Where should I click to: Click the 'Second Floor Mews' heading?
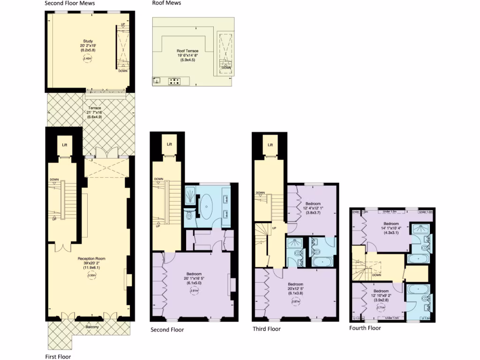70,3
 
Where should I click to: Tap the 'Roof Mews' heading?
166,3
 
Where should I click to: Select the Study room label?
87,42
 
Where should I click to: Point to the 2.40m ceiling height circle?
87,59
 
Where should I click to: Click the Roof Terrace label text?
187,51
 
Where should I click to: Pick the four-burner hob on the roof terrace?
174,81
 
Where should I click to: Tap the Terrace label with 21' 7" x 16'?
94,108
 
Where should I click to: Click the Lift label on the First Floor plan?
65,145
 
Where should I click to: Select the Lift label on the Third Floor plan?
270,145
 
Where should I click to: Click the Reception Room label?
91,258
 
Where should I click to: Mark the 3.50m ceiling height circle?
91,276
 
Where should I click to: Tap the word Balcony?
92,327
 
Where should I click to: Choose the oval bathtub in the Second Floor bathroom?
206,207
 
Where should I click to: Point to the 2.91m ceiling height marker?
194,291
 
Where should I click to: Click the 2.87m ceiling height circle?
296,301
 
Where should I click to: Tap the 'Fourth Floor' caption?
365,328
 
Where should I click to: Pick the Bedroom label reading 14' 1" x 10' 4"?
390,224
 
